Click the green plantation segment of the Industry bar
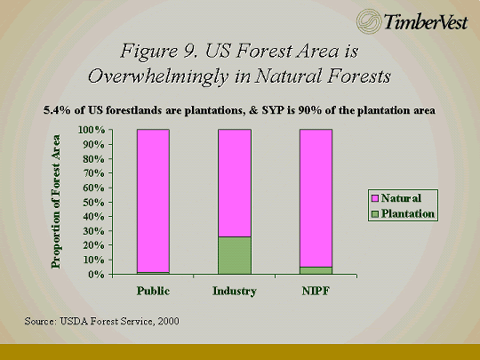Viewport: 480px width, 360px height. click(235, 255)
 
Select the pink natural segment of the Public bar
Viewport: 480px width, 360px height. click(153, 201)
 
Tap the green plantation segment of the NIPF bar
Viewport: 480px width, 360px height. click(316, 270)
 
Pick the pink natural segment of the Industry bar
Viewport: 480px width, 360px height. click(235, 183)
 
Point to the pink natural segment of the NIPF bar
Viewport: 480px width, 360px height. click(316, 198)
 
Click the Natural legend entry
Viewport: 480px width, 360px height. click(396, 198)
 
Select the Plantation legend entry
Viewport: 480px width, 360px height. click(403, 213)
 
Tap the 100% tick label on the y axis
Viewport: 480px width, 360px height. click(92, 130)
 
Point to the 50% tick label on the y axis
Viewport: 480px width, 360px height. click(93, 203)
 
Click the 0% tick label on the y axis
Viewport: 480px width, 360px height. click(96, 275)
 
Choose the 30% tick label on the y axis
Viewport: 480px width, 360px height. click(93, 231)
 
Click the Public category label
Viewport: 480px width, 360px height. click(153, 291)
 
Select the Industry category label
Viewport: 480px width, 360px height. click(235, 292)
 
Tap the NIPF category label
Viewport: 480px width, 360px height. click(316, 291)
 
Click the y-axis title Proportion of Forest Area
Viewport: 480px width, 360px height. click(56, 202)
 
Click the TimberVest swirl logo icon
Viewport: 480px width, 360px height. click(369, 21)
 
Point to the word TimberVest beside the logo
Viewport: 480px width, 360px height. click(426, 21)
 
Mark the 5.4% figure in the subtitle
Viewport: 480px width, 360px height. click(57, 110)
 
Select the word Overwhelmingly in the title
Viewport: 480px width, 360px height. click(158, 76)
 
